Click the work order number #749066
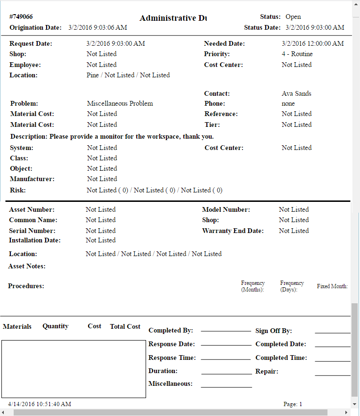point(21,17)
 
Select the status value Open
point(293,17)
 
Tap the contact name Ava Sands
point(296,93)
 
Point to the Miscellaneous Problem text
point(120,103)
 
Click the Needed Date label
point(224,43)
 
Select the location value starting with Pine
point(128,75)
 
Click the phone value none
point(288,103)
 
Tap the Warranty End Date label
point(233,231)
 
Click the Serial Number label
point(32,231)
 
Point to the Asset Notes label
point(27,266)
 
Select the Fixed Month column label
point(332,286)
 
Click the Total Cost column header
point(125,326)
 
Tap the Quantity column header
point(55,326)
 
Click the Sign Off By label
point(274,331)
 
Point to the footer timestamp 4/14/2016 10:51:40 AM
point(40,404)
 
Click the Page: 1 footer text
point(293,404)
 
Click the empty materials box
point(74,369)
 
